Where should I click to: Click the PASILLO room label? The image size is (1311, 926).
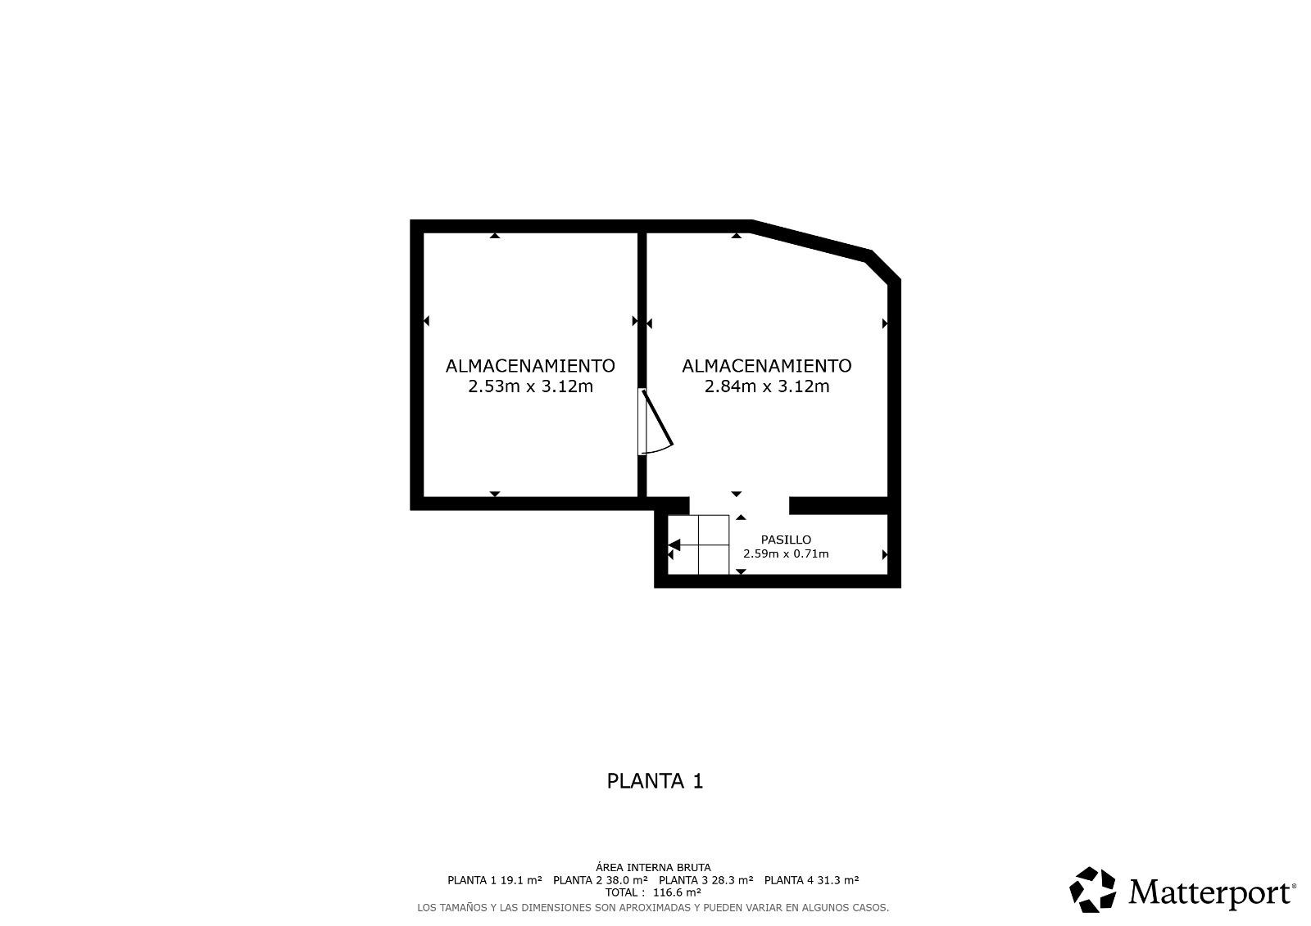[x=786, y=540]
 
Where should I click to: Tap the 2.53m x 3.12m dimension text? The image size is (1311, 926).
[x=530, y=386]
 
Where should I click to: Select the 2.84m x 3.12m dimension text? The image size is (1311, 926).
[x=767, y=386]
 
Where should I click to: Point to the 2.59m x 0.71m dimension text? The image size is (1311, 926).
[x=786, y=553]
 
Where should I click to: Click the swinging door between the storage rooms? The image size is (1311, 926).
[x=656, y=422]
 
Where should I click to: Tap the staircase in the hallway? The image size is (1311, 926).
[x=698, y=544]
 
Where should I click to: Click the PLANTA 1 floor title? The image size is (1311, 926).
[x=655, y=781]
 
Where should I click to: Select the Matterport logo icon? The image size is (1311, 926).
[x=1092, y=889]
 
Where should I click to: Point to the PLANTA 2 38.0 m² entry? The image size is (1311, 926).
[x=601, y=880]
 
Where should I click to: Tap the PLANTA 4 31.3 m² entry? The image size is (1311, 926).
[x=812, y=880]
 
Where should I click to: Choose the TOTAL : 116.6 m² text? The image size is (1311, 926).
[x=653, y=892]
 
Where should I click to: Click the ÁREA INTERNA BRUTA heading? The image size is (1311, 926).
[x=653, y=867]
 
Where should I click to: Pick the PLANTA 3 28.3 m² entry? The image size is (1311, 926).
[x=705, y=880]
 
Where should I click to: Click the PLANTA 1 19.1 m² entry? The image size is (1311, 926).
[x=495, y=880]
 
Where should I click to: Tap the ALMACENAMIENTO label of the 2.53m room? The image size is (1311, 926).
[x=530, y=366]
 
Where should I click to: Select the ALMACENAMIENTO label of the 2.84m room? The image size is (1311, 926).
[x=767, y=366]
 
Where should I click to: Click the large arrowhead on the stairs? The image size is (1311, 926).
[x=674, y=545]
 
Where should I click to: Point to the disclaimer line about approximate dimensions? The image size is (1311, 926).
[x=653, y=908]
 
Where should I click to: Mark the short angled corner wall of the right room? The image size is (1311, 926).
[x=882, y=268]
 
